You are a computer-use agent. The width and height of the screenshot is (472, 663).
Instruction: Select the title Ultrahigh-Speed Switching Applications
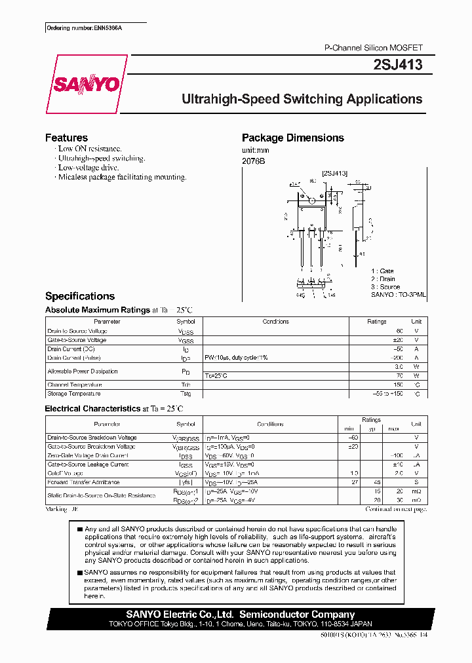[302, 100]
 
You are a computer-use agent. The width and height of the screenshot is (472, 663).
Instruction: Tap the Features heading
[66, 138]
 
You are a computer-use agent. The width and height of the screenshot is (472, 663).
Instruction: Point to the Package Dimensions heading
[292, 138]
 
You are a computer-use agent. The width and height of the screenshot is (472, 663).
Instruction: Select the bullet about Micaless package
[121, 177]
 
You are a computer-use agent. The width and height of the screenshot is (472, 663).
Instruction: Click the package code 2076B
[254, 161]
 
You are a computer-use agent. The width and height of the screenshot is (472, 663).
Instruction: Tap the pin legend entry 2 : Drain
[383, 279]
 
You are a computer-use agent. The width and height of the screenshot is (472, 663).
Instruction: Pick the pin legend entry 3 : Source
[385, 287]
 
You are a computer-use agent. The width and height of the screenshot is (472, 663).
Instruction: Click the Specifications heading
[79, 296]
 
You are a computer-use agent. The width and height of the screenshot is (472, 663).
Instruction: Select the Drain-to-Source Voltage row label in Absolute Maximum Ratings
[77, 331]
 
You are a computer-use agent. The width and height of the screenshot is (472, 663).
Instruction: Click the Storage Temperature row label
[74, 394]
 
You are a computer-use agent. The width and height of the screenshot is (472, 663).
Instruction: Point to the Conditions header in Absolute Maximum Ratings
[275, 322]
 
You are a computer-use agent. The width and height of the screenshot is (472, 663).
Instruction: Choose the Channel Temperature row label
[75, 385]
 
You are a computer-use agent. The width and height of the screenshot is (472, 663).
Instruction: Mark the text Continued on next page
[395, 508]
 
